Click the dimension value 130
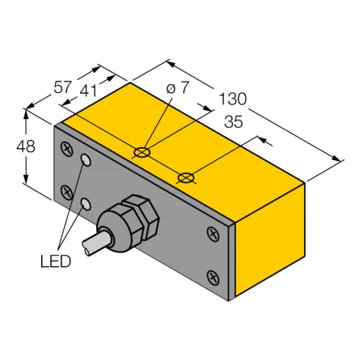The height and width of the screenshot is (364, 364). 233,99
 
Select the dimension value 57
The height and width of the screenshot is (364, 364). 62,87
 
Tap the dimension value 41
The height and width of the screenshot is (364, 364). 88,91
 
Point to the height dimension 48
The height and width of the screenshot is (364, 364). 26,147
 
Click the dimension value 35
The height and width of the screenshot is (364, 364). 234,122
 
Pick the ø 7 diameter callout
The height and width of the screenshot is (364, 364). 178,87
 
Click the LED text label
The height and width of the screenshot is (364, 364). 56,261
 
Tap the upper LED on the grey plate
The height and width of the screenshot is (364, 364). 86,160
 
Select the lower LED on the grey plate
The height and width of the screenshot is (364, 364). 86,204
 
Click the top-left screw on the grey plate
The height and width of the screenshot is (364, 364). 66,149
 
